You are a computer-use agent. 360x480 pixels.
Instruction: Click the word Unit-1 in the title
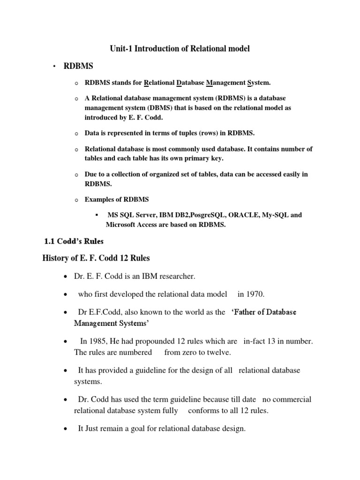pos(121,48)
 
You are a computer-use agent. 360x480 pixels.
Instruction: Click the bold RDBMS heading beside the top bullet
pos(77,66)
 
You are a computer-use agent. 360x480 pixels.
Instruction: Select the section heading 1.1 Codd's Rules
pos(74,242)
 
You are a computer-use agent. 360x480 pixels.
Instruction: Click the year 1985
pos(96,341)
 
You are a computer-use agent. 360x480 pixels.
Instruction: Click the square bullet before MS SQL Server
pos(96,215)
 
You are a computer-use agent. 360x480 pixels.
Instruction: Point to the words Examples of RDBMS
pos(117,199)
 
